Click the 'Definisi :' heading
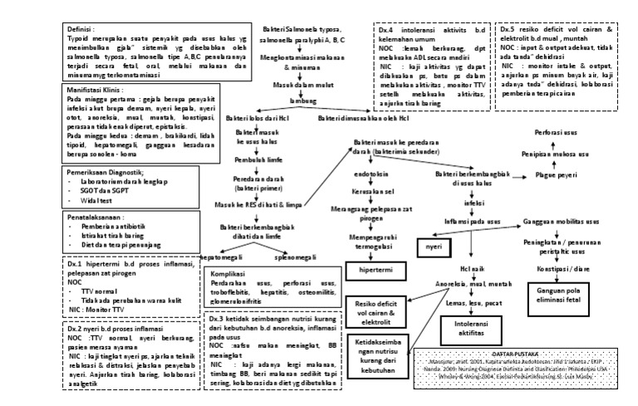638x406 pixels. click(x=84, y=28)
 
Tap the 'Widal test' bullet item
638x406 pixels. click(x=100, y=200)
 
